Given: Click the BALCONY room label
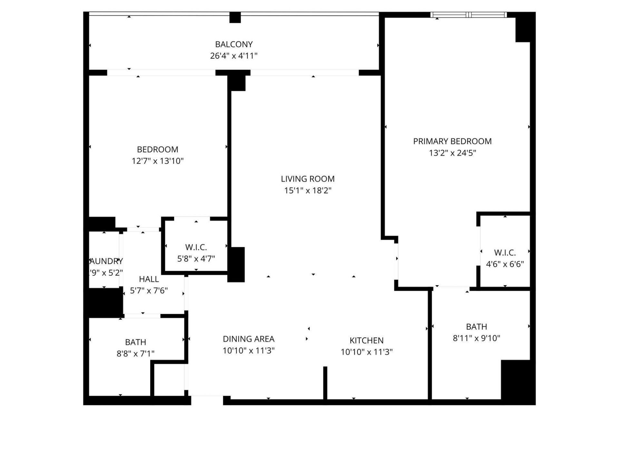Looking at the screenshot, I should (234, 44).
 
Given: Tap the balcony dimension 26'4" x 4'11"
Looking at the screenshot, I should (234, 56).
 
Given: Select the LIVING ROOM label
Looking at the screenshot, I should (308, 179).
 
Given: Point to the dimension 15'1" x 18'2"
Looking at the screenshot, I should (308, 190).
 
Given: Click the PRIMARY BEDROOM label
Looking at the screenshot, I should (452, 141).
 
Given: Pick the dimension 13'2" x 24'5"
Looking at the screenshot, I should (452, 153).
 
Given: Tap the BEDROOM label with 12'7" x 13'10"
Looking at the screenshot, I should (157, 150).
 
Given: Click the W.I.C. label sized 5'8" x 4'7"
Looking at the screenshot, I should (196, 247).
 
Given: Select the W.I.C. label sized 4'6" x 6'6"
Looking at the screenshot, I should (505, 253).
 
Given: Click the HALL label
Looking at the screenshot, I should (149, 279).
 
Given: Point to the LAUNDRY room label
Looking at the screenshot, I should (106, 261).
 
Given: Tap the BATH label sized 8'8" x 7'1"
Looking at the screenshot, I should (135, 342).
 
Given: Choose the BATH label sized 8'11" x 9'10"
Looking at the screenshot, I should (476, 327).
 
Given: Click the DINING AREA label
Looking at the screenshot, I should (249, 339).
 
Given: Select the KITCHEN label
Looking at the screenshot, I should (367, 341).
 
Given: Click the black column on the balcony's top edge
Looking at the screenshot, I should (235, 17).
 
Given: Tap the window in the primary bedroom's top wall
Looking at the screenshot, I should (468, 15).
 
